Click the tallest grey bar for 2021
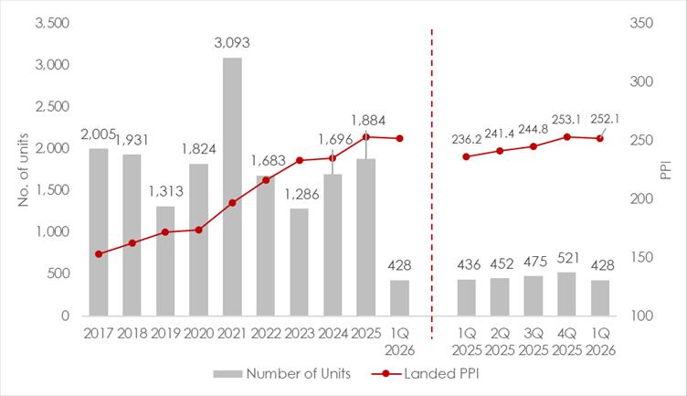click(232, 187)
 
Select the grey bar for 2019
click(165, 261)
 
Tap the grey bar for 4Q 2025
click(566, 294)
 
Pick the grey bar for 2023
click(300, 262)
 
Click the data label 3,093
click(232, 43)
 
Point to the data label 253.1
click(566, 120)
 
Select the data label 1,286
click(301, 194)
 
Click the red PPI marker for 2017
click(99, 254)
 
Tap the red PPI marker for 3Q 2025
click(534, 146)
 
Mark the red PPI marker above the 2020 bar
click(198, 230)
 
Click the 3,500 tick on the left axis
click(52, 23)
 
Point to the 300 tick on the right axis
click(641, 81)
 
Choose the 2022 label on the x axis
click(266, 333)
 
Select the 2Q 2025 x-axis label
click(500, 342)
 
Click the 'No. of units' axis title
click(23, 170)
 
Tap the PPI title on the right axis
click(666, 170)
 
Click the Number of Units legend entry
click(282, 374)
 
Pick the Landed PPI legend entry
click(426, 374)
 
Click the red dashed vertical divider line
click(432, 184)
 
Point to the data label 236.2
click(467, 139)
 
